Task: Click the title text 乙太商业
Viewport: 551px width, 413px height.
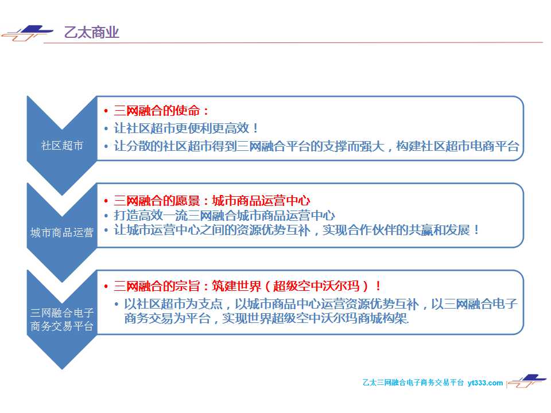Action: coord(92,32)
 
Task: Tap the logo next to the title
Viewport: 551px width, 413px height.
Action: coord(28,33)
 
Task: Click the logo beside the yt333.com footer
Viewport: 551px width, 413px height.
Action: coord(527,381)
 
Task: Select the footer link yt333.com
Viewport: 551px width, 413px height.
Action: coord(485,383)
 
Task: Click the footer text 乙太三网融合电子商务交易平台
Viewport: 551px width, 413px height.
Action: coord(413,383)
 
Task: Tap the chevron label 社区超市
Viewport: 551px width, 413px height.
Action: coord(62,145)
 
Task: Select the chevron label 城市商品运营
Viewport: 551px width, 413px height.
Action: coord(62,232)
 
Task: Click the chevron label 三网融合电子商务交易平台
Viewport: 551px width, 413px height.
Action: coord(62,320)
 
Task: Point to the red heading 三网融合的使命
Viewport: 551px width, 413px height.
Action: coord(157,111)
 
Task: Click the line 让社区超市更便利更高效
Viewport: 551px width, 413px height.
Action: coord(181,128)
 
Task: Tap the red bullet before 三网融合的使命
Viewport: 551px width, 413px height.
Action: coord(106,111)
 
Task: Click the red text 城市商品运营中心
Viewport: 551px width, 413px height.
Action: coord(261,201)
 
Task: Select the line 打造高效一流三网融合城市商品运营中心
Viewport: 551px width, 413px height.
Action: coord(224,215)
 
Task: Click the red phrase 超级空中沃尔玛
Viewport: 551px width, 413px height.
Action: coord(316,286)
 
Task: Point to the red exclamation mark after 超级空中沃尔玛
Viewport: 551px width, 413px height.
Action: coord(378,286)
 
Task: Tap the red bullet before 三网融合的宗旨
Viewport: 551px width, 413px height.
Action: coord(106,287)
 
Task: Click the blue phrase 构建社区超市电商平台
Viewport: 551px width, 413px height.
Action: coord(457,146)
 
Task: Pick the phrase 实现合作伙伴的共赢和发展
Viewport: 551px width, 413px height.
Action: coord(396,230)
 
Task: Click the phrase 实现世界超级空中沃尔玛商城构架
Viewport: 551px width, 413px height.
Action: coord(315,318)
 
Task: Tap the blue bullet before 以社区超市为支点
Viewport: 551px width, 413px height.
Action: coord(117,304)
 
